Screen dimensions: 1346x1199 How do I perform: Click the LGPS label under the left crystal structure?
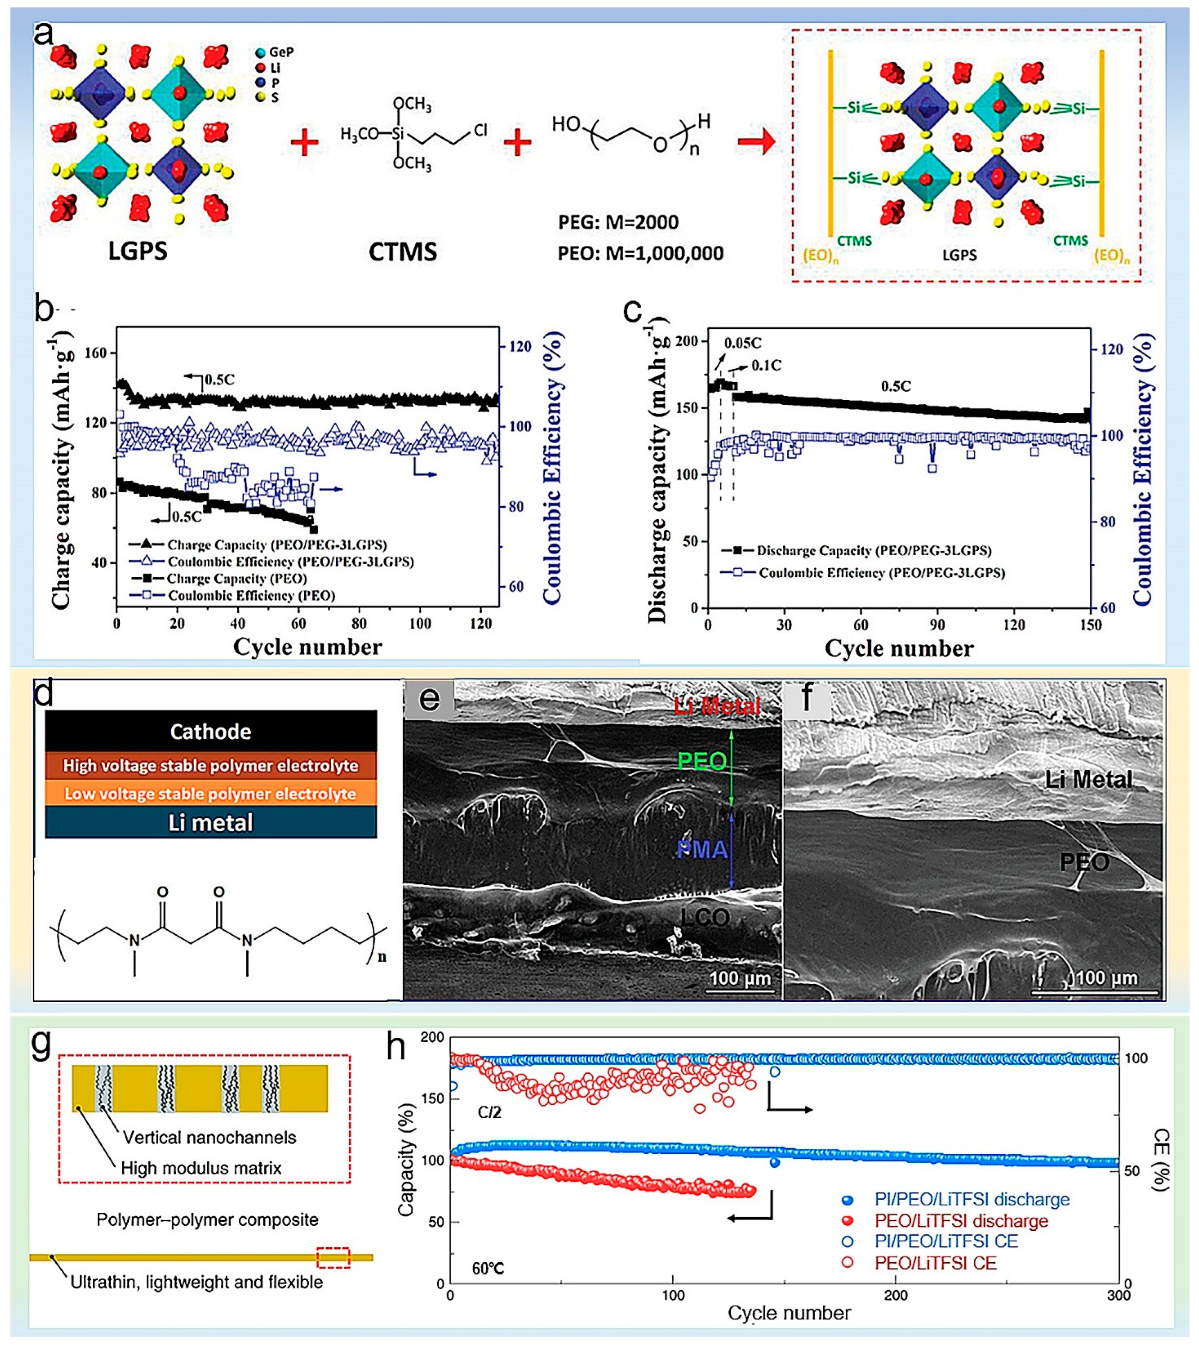coord(138,251)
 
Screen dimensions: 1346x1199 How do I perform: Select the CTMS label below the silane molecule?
coord(403,252)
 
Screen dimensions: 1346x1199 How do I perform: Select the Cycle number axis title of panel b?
coord(307,647)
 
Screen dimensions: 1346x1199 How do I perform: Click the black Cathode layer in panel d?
coord(211,731)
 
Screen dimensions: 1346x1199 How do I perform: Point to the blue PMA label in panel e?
coord(702,850)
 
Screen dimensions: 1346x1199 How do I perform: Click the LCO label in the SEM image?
coord(705,918)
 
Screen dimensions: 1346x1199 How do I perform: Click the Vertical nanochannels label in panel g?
coord(209,1138)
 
